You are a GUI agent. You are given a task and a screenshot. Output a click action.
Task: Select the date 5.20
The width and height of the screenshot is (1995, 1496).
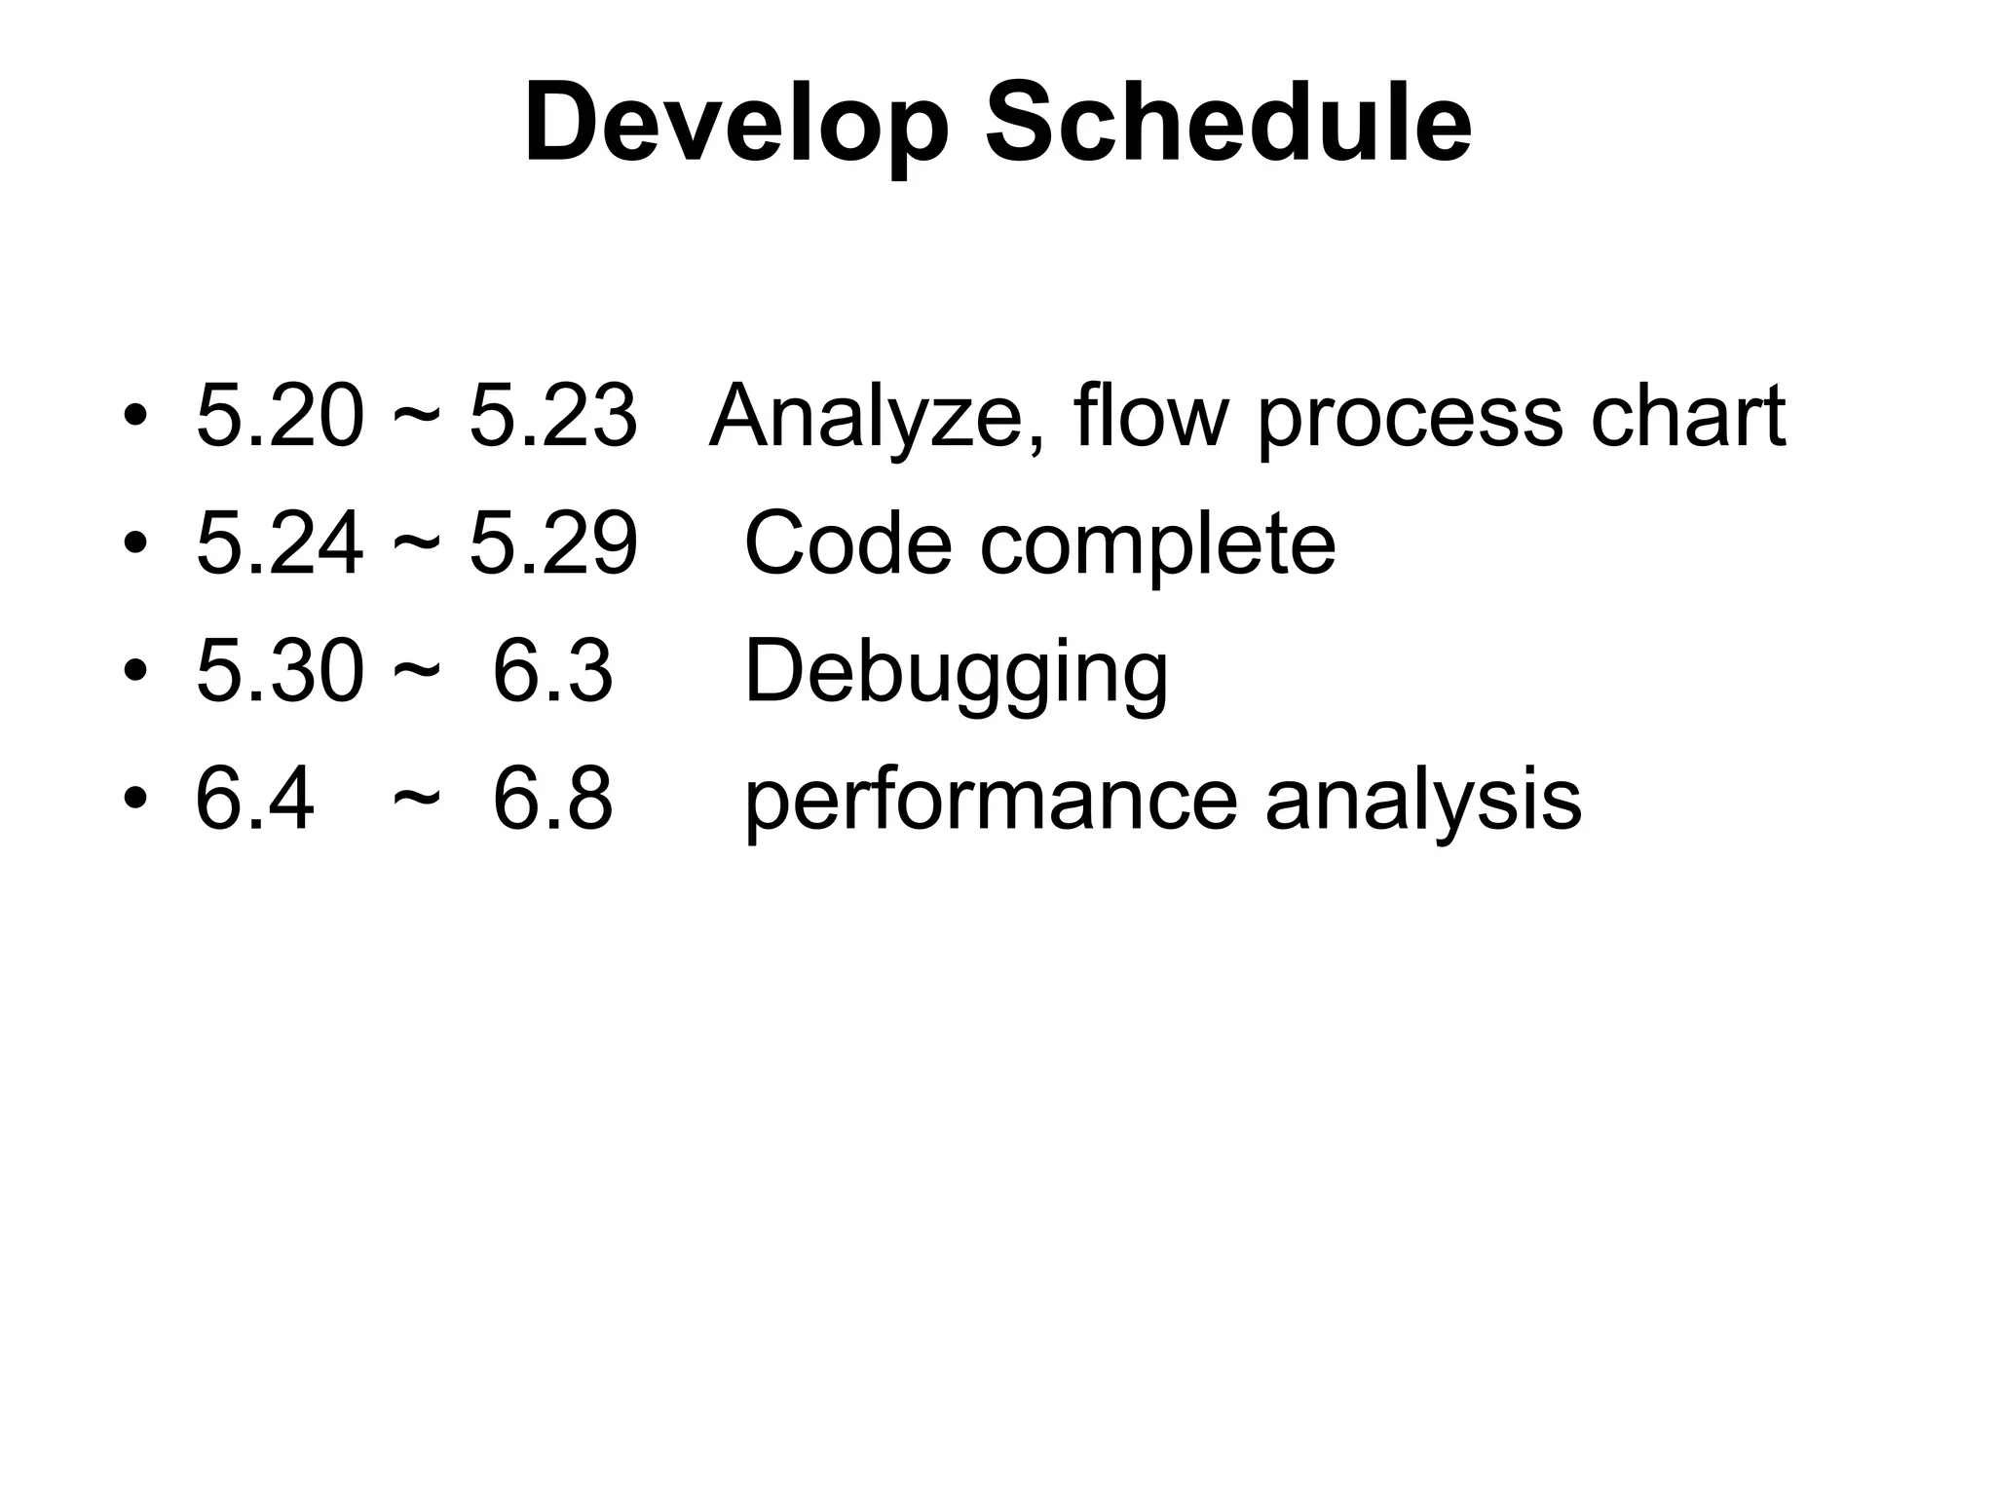click(x=280, y=416)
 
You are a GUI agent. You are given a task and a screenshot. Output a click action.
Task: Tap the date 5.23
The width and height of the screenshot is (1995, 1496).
click(x=552, y=416)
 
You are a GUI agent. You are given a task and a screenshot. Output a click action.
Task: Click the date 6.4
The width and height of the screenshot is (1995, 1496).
click(x=254, y=799)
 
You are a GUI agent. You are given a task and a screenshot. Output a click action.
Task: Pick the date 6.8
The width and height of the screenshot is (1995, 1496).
click(x=552, y=799)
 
